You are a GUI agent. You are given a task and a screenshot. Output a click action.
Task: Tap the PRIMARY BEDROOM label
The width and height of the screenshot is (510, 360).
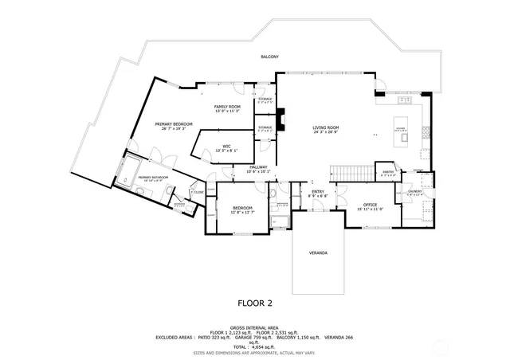174,125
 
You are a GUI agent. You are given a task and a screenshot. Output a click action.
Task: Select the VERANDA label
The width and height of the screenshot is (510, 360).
318,252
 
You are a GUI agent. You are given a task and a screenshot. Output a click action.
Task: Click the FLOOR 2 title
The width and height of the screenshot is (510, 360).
255,303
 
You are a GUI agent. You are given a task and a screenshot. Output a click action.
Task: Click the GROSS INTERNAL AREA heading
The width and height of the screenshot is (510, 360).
254,327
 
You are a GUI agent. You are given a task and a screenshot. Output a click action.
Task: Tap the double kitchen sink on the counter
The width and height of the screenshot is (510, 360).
405,100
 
